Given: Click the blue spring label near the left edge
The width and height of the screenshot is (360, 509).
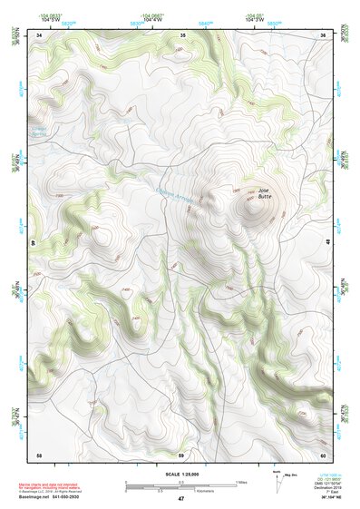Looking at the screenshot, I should (x=44, y=131).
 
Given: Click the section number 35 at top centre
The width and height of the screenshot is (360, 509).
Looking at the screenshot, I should (x=182, y=35).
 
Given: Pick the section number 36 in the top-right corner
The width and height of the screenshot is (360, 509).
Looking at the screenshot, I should (x=323, y=35).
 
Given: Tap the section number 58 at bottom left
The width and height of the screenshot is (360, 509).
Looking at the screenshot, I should (x=39, y=454).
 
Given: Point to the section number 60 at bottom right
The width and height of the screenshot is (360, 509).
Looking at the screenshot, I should (x=322, y=454).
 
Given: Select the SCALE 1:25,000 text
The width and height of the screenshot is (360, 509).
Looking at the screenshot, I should (x=180, y=475).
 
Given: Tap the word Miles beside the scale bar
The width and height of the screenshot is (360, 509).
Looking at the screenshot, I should (x=240, y=482).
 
